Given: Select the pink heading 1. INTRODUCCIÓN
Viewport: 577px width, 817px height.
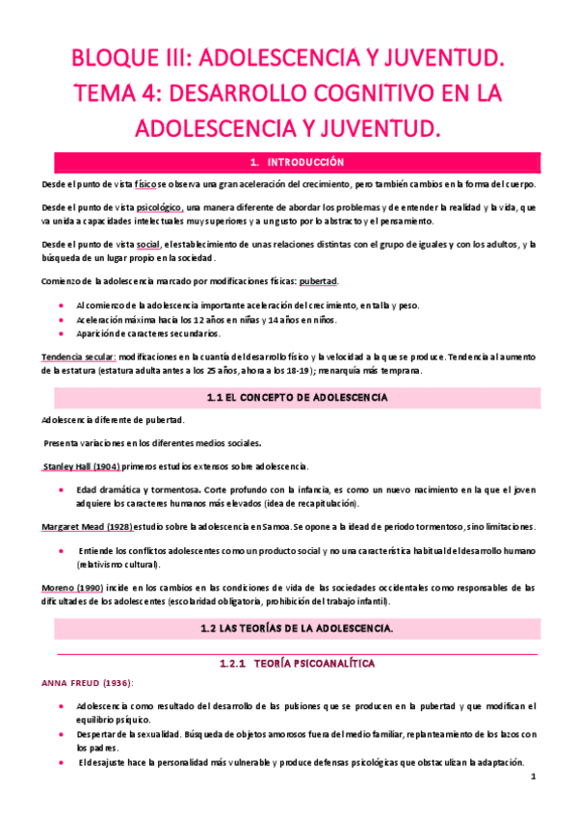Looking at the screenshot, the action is pyautogui.click(x=289, y=162).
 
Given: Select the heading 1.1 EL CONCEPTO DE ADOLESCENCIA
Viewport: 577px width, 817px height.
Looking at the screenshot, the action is pyautogui.click(x=289, y=396).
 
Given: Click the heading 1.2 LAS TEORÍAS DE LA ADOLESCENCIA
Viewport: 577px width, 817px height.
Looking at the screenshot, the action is pyautogui.click(x=289, y=627).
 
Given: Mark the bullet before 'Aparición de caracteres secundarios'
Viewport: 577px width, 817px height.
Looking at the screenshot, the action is pyautogui.click(x=62, y=334).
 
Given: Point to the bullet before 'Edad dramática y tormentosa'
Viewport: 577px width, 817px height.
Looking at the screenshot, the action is pyautogui.click(x=62, y=489).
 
